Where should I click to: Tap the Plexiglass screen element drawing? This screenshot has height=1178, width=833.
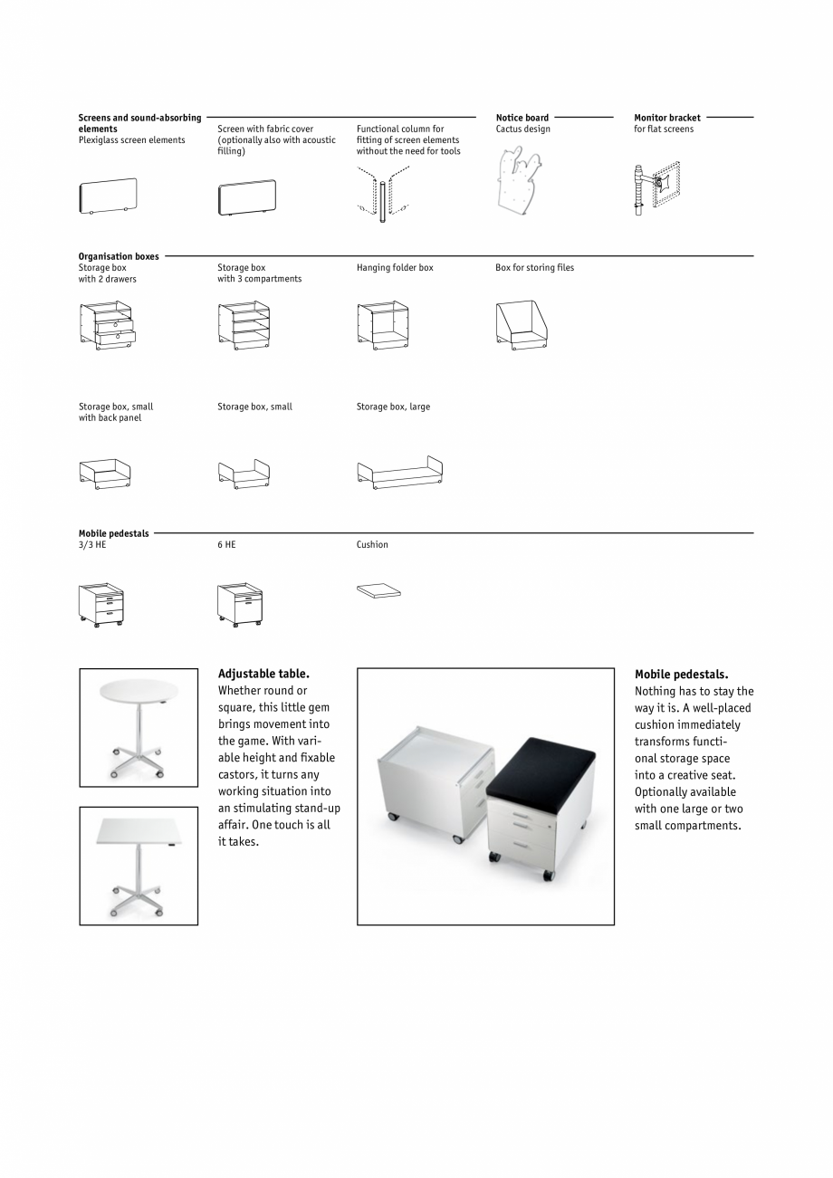point(107,196)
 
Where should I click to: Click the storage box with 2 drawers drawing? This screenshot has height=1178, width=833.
point(107,326)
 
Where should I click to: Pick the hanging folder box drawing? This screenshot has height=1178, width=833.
point(383,326)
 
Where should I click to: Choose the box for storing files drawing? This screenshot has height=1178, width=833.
point(522,324)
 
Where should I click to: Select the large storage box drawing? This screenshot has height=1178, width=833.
point(399,473)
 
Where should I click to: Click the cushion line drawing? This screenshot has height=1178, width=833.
point(378,591)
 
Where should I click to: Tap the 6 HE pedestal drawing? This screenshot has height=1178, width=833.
point(240,603)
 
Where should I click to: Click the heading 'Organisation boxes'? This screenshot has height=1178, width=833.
point(119,256)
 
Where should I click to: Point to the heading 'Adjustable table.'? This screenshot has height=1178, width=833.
point(263,674)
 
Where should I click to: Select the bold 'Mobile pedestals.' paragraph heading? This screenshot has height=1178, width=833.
point(681,675)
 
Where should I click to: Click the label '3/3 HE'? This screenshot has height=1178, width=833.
point(92,545)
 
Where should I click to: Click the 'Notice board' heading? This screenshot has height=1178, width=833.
point(522,118)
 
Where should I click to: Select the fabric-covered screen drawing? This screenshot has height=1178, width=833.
point(246,197)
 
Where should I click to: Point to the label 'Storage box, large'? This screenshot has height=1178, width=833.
point(393,407)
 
